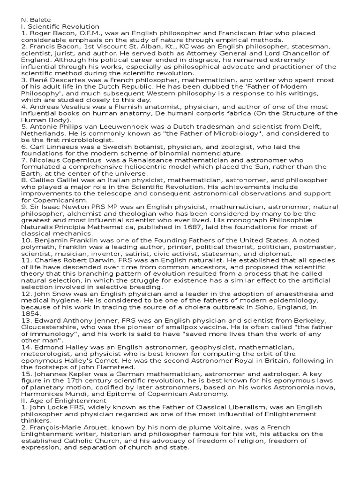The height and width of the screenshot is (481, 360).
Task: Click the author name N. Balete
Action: pos(35,20)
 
